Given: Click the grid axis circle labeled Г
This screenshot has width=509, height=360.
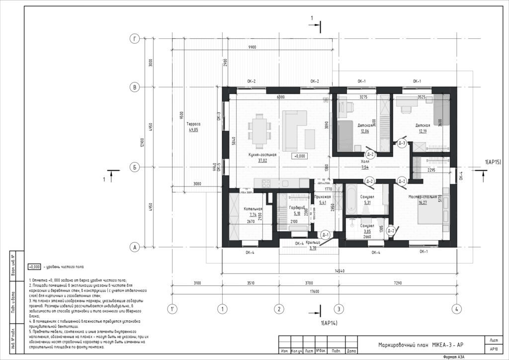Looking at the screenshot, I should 134,38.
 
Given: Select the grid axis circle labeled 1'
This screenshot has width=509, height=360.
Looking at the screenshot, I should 172,308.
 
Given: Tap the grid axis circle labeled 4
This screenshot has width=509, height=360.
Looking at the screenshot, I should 456,308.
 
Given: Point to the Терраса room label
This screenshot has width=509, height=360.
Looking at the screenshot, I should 193,124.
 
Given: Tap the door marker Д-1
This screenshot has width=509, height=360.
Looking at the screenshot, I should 325,235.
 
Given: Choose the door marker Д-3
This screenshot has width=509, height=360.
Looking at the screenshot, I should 403,143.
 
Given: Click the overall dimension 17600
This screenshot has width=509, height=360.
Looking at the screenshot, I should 314,291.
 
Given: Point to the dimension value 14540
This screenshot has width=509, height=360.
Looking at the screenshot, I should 339,270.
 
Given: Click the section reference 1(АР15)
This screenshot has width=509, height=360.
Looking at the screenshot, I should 494,162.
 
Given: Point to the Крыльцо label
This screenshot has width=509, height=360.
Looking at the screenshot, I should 313,243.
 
